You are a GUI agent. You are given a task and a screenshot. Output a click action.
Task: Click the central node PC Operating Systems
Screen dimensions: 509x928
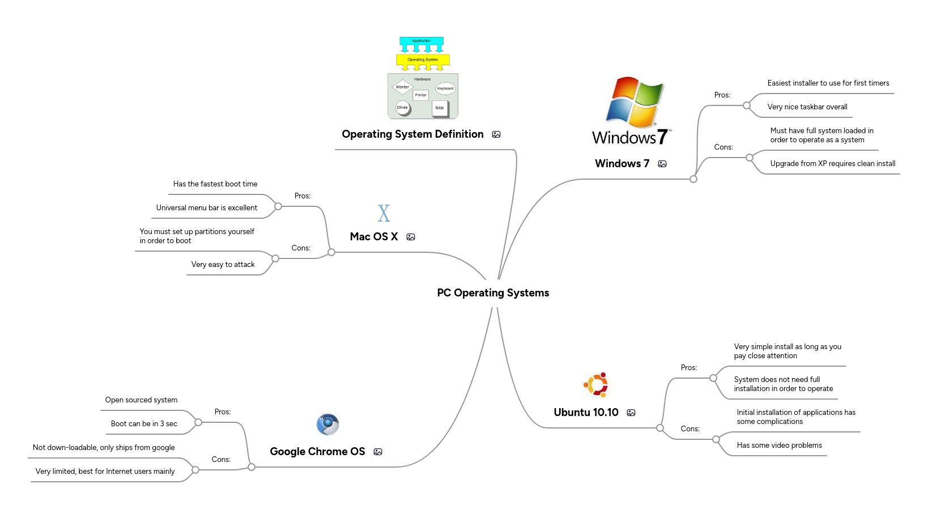tap(493, 293)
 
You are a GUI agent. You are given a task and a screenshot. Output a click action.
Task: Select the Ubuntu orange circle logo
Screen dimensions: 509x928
tap(596, 385)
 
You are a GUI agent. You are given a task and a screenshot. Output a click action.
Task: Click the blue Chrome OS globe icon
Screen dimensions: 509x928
tap(327, 425)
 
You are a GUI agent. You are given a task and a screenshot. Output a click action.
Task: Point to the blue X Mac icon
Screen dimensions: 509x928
tap(384, 213)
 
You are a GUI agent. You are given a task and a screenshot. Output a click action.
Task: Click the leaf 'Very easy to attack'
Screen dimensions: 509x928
tap(223, 265)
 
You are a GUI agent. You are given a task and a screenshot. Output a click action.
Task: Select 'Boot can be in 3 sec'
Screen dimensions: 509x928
tap(144, 424)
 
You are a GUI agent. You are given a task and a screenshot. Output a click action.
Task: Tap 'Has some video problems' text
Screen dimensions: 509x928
tap(779, 446)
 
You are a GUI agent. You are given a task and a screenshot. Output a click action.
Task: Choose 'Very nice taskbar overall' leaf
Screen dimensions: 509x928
tap(807, 107)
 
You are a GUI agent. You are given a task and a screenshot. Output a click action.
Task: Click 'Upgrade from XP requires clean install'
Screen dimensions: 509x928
tap(832, 164)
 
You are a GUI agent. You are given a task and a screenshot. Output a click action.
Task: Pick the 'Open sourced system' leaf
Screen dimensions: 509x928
tap(141, 400)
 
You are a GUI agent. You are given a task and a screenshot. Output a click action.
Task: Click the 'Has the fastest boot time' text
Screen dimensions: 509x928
tap(215, 184)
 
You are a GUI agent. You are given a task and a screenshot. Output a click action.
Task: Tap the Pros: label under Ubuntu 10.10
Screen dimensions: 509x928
tap(688, 368)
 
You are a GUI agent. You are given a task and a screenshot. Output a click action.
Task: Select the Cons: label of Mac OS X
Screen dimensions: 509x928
tap(301, 248)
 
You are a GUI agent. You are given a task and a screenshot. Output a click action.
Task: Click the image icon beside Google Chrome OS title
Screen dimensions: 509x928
tap(378, 452)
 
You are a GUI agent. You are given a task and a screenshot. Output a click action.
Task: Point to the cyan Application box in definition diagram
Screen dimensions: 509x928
tap(422, 41)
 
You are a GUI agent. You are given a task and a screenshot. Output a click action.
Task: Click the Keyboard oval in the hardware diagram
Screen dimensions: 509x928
tap(445, 88)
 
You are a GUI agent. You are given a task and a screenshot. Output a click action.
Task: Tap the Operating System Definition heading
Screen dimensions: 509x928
tap(412, 134)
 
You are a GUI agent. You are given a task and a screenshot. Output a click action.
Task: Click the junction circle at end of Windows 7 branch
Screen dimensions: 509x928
tap(693, 179)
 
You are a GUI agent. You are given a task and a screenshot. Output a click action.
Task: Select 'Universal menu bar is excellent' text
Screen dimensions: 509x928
tap(206, 208)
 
